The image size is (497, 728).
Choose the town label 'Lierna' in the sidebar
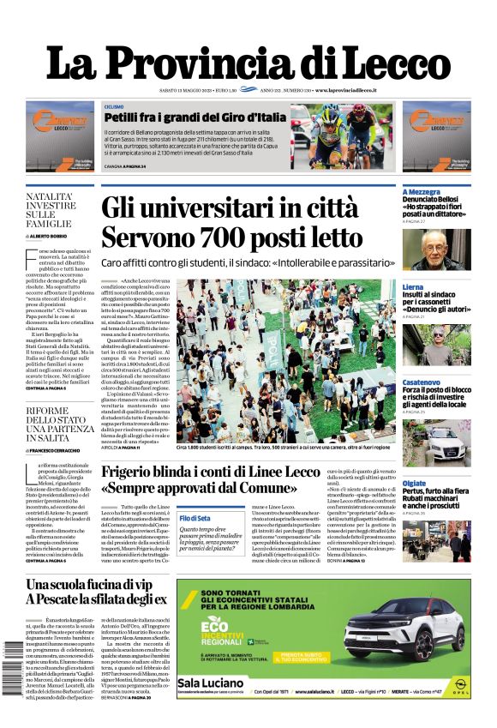[x=412, y=286]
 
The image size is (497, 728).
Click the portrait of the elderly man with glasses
[x=447, y=250]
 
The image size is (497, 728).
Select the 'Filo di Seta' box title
[x=195, y=518]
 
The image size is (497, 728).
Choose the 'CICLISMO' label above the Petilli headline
[x=113, y=106]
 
